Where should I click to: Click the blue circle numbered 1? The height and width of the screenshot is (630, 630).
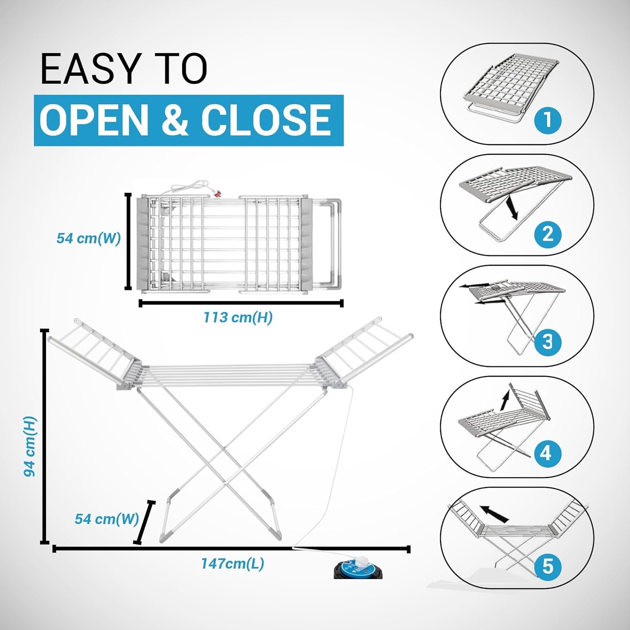pos(548,120)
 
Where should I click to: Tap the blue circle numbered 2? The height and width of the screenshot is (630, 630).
pos(548,234)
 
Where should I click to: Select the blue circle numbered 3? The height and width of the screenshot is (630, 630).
pos(548,341)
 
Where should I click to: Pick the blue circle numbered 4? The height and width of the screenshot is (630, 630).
pos(546,453)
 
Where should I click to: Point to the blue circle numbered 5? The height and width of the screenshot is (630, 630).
pos(548,567)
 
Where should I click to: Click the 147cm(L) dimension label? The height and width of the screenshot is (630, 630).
pos(233,564)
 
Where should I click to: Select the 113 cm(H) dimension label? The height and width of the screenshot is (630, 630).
pos(238,317)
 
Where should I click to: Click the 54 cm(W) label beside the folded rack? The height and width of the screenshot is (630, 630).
pos(89,238)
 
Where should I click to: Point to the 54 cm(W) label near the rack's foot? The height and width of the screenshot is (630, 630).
pos(107,519)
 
